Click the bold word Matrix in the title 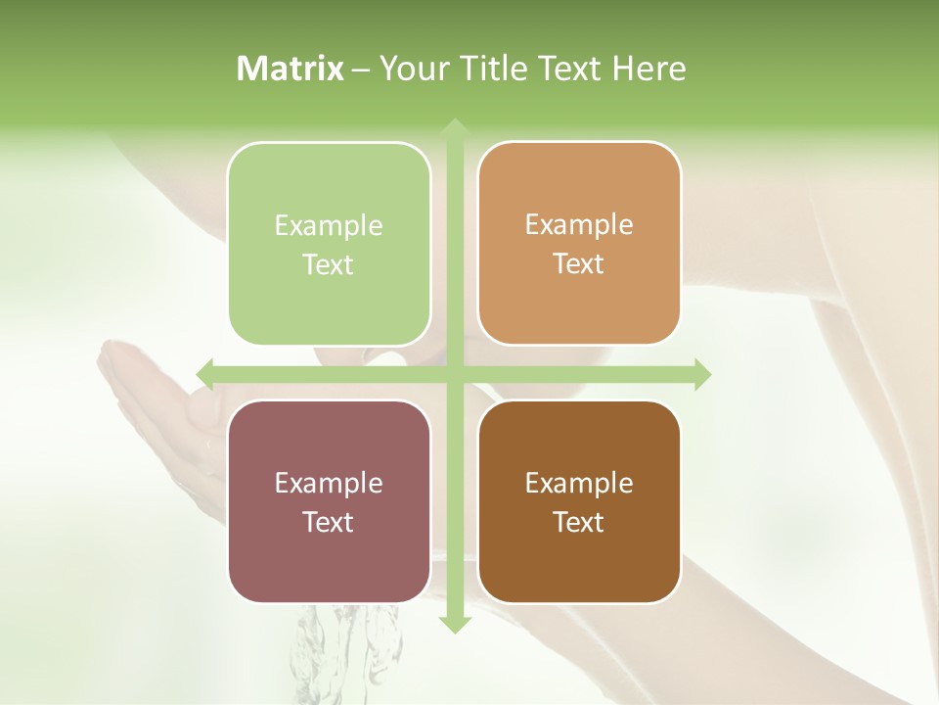click(291, 69)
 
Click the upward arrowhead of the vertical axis click(454, 127)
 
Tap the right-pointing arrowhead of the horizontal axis click(702, 374)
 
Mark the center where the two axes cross click(454, 374)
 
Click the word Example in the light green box click(329, 225)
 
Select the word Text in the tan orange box click(579, 263)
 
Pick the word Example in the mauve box click(329, 483)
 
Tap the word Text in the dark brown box click(579, 522)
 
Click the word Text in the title click(571, 69)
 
